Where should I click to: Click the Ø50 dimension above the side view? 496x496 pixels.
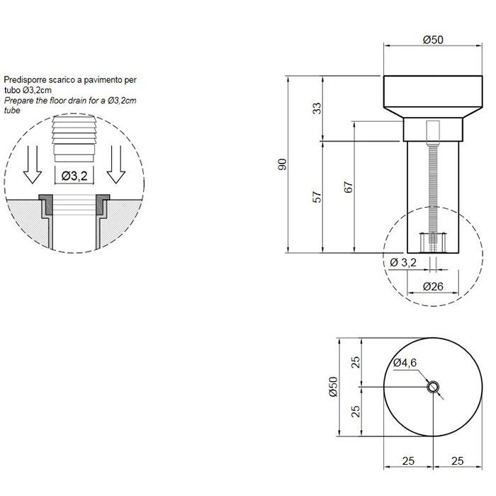[x=433, y=40]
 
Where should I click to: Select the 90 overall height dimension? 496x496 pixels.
[x=282, y=164]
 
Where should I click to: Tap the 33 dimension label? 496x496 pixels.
[x=317, y=108]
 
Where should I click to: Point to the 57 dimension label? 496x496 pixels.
[x=317, y=197]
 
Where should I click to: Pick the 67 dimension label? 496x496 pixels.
[x=348, y=187]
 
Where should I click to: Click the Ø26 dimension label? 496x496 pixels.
[x=433, y=286]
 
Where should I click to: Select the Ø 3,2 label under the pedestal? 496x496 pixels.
[x=403, y=262]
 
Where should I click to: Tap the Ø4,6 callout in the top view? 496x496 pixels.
[x=405, y=363]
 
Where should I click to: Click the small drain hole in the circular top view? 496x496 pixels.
[x=433, y=387]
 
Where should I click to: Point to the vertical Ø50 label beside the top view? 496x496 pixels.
[x=334, y=387]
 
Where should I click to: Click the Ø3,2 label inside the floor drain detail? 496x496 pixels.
[x=74, y=176]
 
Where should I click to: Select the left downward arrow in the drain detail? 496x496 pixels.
[x=33, y=164]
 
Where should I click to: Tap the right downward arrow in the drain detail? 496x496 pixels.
[x=116, y=164]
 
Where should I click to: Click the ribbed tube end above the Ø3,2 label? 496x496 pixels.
[x=74, y=139]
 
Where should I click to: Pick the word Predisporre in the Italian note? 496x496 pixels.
[x=24, y=80]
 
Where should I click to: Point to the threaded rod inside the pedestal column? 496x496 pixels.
[x=433, y=196]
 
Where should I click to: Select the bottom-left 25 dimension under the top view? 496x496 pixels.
[x=408, y=461]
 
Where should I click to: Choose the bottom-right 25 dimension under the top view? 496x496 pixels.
[x=458, y=461]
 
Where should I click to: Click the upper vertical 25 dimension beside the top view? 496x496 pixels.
[x=356, y=362]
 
